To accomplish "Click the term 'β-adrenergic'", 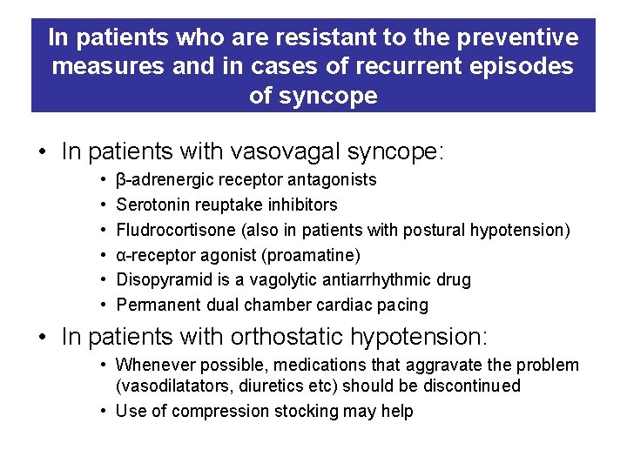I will tap(160, 180).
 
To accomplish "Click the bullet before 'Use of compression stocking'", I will tap(103, 411).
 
